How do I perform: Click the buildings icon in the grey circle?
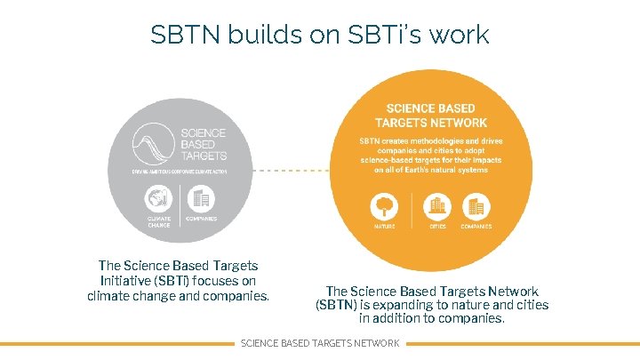click(201, 197)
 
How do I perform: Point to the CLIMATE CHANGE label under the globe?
click(159, 220)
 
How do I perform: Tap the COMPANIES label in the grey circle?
click(202, 218)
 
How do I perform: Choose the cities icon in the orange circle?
click(436, 207)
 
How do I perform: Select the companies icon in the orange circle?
click(476, 207)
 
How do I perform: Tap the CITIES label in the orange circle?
click(436, 227)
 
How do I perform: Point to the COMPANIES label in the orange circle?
click(477, 227)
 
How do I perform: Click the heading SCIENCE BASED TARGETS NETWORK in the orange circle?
click(431, 116)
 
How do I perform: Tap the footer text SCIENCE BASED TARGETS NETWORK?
click(320, 343)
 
